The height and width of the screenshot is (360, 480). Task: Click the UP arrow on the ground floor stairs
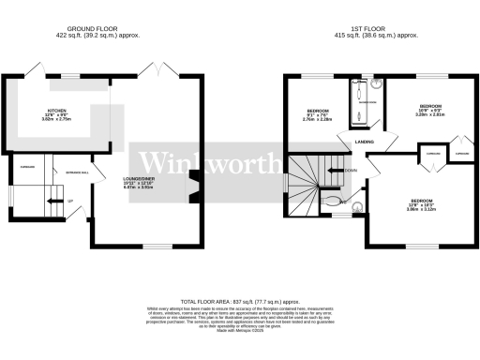tap(68, 201)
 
